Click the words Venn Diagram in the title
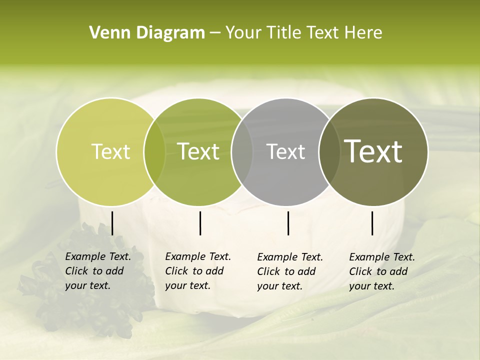click(x=147, y=33)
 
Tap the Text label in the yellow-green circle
click(x=110, y=151)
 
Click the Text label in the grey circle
click(x=285, y=151)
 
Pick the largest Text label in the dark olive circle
click(x=373, y=151)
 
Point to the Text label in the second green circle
click(x=198, y=151)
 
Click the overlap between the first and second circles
click(x=154, y=151)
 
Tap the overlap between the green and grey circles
click(x=242, y=151)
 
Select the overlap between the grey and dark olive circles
click(x=329, y=151)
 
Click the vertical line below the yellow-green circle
click(x=112, y=223)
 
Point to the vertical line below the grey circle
click(x=288, y=223)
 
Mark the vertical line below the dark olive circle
click(x=372, y=223)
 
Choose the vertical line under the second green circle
click(x=200, y=223)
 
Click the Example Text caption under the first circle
click(x=98, y=271)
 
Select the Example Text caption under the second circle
click(x=198, y=271)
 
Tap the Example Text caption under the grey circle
click(x=290, y=271)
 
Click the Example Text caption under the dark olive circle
click(x=382, y=271)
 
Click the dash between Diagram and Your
click(x=215, y=33)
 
